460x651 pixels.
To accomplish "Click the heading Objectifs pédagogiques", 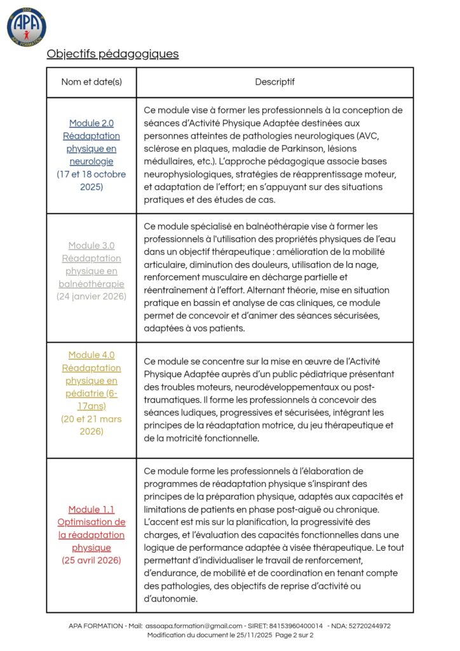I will point(112,54).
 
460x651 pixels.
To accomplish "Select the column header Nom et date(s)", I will point(91,82).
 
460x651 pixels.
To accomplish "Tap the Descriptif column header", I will point(274,82).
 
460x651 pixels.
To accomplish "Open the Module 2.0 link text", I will point(91,142).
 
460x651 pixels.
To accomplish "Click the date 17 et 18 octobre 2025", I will point(91,181).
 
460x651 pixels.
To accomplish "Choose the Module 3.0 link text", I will point(91,265).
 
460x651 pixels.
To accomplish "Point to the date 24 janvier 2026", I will point(91,296).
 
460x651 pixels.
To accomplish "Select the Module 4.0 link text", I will point(91,381).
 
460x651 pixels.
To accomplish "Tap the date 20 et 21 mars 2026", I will point(91,425).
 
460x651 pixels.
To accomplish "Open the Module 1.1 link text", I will point(91,529).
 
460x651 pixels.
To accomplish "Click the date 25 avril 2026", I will point(91,560).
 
